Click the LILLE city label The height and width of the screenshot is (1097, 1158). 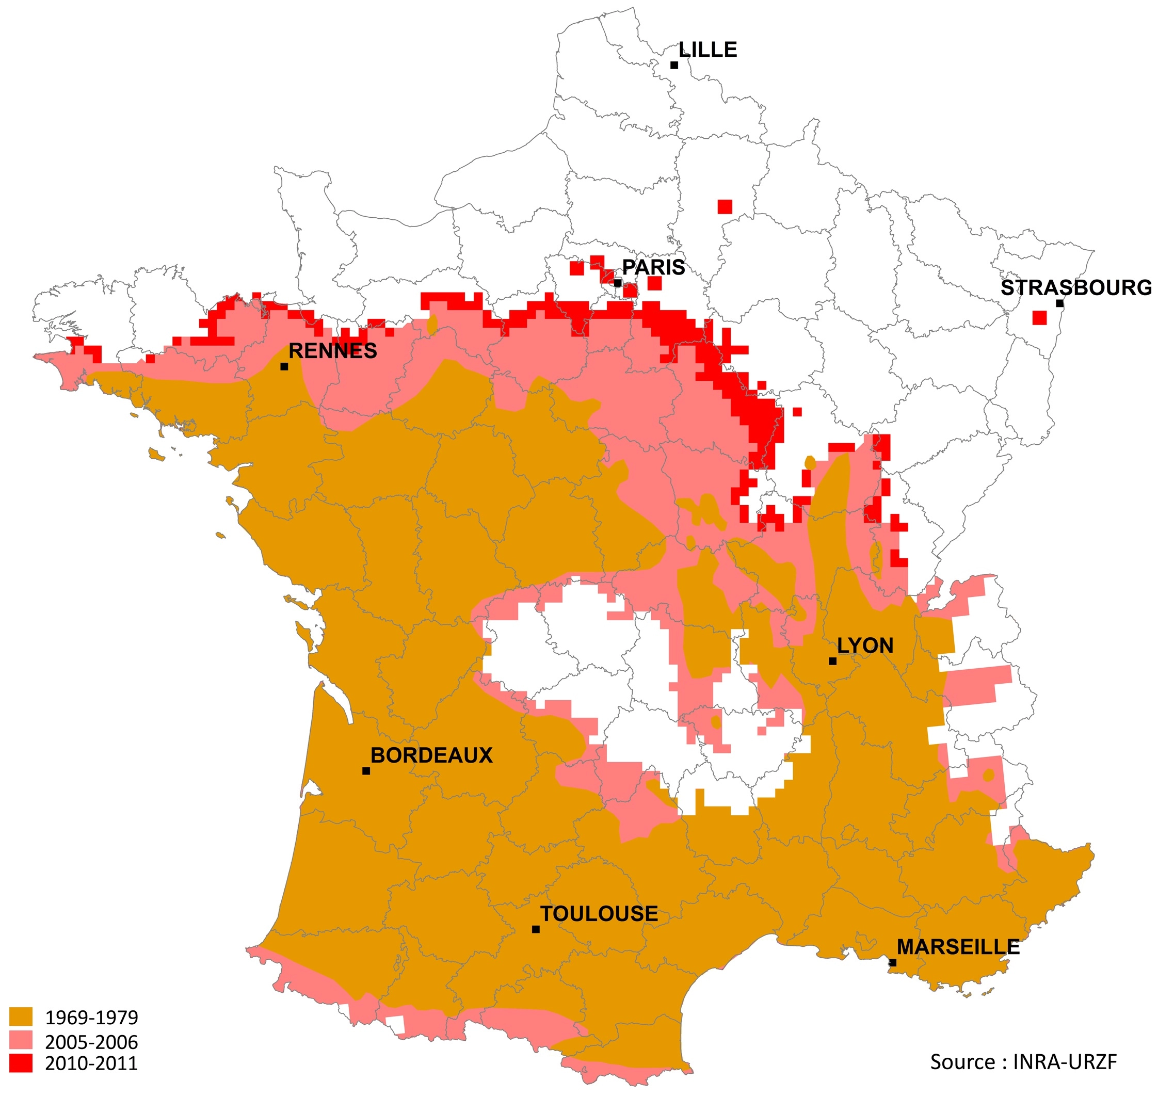[x=707, y=50]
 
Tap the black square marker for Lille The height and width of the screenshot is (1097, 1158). [x=674, y=66]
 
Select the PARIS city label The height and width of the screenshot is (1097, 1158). [x=653, y=267]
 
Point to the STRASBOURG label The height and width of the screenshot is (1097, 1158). [x=1076, y=288]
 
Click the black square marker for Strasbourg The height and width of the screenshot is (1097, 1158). [x=1060, y=303]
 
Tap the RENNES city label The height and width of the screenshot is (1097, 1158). [x=333, y=351]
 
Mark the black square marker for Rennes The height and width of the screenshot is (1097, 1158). [x=284, y=367]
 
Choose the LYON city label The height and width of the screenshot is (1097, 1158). [x=865, y=646]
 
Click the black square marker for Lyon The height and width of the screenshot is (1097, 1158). [x=833, y=662]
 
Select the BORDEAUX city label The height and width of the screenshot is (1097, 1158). [x=431, y=755]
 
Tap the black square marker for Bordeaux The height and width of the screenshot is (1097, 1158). [x=366, y=771]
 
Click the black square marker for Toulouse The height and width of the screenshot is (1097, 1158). [x=536, y=929]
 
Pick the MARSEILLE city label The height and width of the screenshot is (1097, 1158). [x=958, y=947]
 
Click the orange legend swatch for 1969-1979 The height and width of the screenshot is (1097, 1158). [x=21, y=1017]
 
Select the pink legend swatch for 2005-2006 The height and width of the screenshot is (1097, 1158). [x=21, y=1041]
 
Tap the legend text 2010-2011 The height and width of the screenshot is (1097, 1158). [x=91, y=1063]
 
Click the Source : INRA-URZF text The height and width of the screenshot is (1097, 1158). [x=1023, y=1061]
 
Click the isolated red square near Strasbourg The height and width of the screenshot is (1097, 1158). [x=1039, y=317]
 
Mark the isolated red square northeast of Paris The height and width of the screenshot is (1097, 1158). [x=725, y=207]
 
